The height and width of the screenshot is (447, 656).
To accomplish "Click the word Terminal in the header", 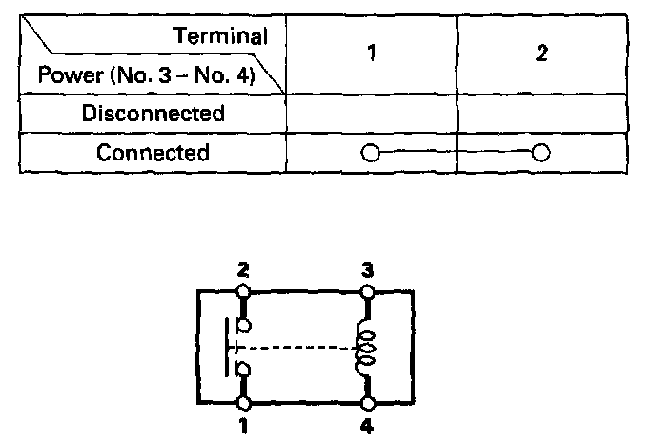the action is pyautogui.click(x=220, y=36).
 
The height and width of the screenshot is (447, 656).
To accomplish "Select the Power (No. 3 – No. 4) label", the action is pyautogui.click(x=145, y=74).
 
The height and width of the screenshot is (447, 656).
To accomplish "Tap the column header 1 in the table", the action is pyautogui.click(x=372, y=53).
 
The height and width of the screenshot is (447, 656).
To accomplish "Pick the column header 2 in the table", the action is pyautogui.click(x=541, y=53).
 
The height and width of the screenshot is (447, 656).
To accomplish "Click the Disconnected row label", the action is pyautogui.click(x=154, y=114).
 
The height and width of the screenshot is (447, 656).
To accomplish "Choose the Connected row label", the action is pyautogui.click(x=154, y=153).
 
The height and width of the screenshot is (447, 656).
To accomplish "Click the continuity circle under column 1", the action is pyautogui.click(x=371, y=153).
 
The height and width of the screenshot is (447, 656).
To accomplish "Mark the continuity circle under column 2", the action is pyautogui.click(x=542, y=153).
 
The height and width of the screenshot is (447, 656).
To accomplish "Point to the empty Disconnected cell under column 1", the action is pyautogui.click(x=372, y=114).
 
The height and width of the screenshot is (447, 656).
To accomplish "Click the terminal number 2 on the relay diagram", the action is pyautogui.click(x=243, y=270).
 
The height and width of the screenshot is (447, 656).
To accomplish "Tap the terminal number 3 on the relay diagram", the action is pyautogui.click(x=367, y=270).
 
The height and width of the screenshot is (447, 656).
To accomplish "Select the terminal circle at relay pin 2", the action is pyautogui.click(x=244, y=288).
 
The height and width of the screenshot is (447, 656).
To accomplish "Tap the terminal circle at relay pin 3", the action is pyautogui.click(x=367, y=288).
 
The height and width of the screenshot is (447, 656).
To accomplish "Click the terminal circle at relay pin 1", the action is pyautogui.click(x=244, y=406).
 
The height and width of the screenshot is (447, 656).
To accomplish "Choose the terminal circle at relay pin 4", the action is pyautogui.click(x=367, y=406).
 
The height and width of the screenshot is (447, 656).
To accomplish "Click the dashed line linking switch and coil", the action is pyautogui.click(x=300, y=348).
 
